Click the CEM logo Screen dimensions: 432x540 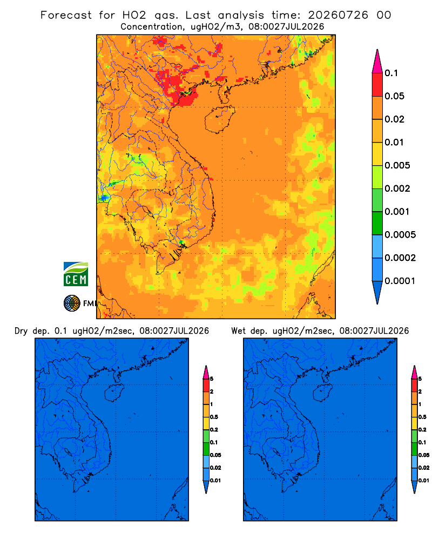(76, 274)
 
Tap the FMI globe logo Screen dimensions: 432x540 (72, 303)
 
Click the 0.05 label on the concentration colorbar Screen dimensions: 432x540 (394, 96)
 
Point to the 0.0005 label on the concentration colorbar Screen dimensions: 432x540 (400, 234)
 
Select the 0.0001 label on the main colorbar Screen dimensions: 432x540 (400, 281)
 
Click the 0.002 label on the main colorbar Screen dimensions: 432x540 (397, 188)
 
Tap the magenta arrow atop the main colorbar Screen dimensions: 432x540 (377, 61)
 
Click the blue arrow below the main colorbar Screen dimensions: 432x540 (377, 292)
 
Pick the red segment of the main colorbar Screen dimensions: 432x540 (377, 84)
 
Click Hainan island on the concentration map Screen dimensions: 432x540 (219, 119)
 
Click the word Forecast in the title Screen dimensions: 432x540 (66, 15)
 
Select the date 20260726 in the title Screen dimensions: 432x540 (338, 15)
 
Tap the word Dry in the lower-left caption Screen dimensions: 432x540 (21, 331)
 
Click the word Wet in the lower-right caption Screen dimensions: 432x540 (239, 331)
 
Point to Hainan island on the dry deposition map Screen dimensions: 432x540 (114, 393)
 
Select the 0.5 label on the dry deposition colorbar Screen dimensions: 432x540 (214, 417)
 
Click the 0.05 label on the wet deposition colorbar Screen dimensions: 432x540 (424, 455)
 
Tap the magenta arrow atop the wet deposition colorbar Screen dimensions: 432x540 (414, 372)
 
